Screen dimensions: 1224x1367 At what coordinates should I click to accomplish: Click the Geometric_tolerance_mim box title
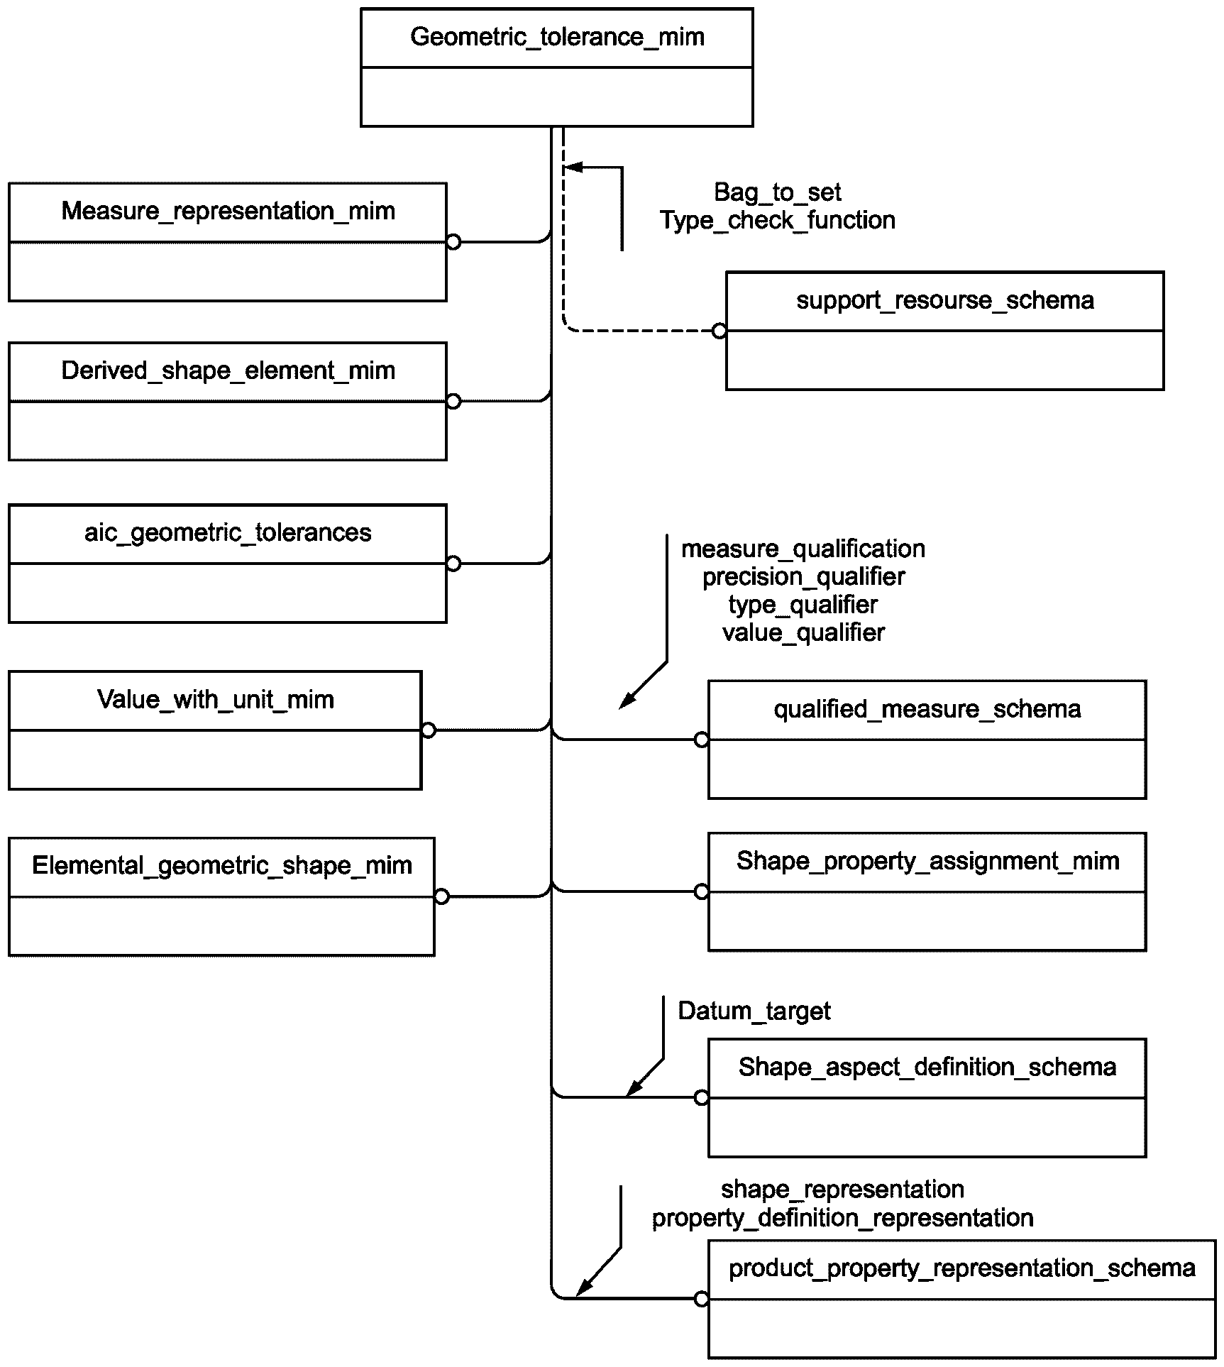[557, 37]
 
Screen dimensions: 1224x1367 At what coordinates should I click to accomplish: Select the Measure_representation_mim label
[228, 211]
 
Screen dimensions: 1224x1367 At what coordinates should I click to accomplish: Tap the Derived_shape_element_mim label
[228, 370]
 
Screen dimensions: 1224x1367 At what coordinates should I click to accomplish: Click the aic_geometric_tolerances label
[228, 532]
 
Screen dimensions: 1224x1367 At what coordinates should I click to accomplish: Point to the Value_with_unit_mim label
[215, 700]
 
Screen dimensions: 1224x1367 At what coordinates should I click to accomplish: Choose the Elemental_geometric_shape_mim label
[222, 866]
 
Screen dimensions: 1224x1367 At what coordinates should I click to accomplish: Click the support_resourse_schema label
[945, 300]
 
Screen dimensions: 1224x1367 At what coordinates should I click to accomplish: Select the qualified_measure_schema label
[927, 709]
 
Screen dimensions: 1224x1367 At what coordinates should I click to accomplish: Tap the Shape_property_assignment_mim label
[927, 861]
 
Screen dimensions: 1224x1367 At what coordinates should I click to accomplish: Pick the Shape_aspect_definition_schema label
[927, 1067]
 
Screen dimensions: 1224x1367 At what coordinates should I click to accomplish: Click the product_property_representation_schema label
[962, 1268]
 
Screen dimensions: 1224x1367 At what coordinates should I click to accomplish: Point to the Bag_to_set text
[778, 192]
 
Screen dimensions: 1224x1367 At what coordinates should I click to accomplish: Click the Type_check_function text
[778, 220]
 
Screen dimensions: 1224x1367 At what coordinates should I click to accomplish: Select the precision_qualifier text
[803, 576]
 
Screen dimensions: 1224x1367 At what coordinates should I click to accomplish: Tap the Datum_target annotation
[754, 1011]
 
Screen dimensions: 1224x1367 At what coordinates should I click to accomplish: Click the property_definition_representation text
[843, 1218]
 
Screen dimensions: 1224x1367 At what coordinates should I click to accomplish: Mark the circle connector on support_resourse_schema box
[719, 331]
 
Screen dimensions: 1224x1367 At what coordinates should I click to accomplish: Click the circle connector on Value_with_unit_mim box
[429, 730]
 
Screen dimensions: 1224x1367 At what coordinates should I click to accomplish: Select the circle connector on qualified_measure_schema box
[702, 740]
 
